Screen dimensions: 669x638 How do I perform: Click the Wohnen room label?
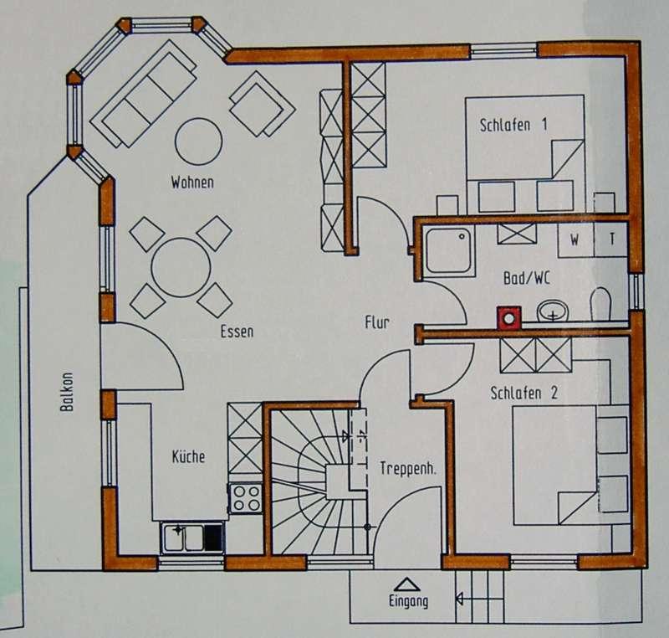pyautogui.click(x=192, y=183)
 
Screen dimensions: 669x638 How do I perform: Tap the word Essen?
pyautogui.click(x=237, y=332)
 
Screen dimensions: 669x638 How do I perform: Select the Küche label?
pyautogui.click(x=188, y=456)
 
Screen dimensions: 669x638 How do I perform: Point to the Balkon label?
pyautogui.click(x=67, y=392)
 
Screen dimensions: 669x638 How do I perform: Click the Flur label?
pyautogui.click(x=377, y=322)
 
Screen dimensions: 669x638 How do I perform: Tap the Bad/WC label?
pyautogui.click(x=527, y=279)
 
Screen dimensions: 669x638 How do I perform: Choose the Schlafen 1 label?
pyautogui.click(x=513, y=125)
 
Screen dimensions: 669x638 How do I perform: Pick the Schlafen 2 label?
pyautogui.click(x=524, y=393)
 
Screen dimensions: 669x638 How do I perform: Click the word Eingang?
pyautogui.click(x=408, y=601)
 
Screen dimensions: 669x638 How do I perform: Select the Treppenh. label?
pyautogui.click(x=408, y=469)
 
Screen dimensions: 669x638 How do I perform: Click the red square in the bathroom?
pyautogui.click(x=509, y=318)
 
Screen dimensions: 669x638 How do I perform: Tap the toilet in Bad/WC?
pyautogui.click(x=600, y=304)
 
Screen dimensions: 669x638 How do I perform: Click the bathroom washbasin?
pyautogui.click(x=553, y=311)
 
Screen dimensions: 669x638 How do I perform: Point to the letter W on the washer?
pyautogui.click(x=575, y=240)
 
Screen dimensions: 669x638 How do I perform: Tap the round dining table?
pyautogui.click(x=181, y=268)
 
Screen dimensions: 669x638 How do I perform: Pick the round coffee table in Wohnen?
pyautogui.click(x=198, y=141)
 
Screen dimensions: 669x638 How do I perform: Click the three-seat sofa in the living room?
pyautogui.click(x=143, y=94)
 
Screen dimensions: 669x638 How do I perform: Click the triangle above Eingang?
pyautogui.click(x=407, y=584)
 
